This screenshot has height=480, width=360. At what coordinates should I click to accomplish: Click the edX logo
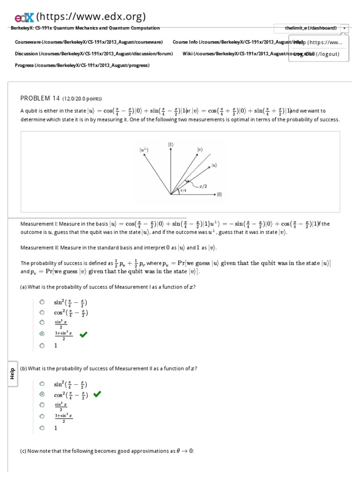24,17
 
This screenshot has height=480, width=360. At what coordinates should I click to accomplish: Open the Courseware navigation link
89,42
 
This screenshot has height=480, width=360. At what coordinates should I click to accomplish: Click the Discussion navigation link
94,53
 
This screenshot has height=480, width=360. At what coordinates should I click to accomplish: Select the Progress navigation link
82,65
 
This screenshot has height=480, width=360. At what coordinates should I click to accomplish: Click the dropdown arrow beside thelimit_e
345,28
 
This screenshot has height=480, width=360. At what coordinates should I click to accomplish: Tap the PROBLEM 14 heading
40,98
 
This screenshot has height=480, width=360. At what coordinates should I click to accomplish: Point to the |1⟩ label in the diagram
171,144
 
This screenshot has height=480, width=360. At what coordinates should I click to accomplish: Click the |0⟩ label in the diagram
219,194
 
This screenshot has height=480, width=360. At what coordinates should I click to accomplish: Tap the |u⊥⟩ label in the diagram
143,150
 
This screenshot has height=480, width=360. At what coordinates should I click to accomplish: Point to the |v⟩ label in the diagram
200,150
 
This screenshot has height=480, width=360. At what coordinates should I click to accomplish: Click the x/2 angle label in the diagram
203,186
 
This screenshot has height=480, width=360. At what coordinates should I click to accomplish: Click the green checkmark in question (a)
83,334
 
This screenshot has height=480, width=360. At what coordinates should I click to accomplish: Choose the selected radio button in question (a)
42,334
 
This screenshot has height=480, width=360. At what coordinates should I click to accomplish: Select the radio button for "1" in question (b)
42,427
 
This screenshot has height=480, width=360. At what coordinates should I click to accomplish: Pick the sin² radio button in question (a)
42,302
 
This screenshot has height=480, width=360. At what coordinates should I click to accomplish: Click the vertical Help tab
13,374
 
